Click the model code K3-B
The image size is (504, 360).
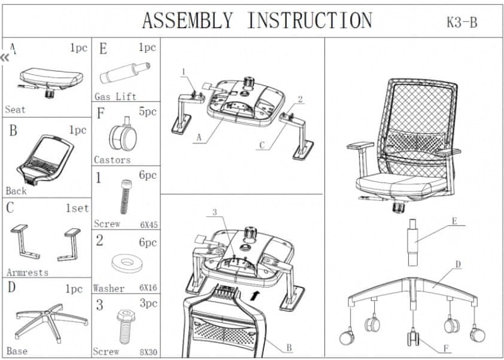click(462, 23)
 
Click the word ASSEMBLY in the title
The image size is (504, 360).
click(187, 20)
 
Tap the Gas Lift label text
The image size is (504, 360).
click(115, 96)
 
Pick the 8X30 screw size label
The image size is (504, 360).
click(148, 352)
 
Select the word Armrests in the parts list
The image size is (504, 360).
click(27, 272)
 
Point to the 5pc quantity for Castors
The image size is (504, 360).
click(147, 111)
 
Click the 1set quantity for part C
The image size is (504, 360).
click(77, 208)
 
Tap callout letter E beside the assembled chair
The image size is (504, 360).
click(454, 221)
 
